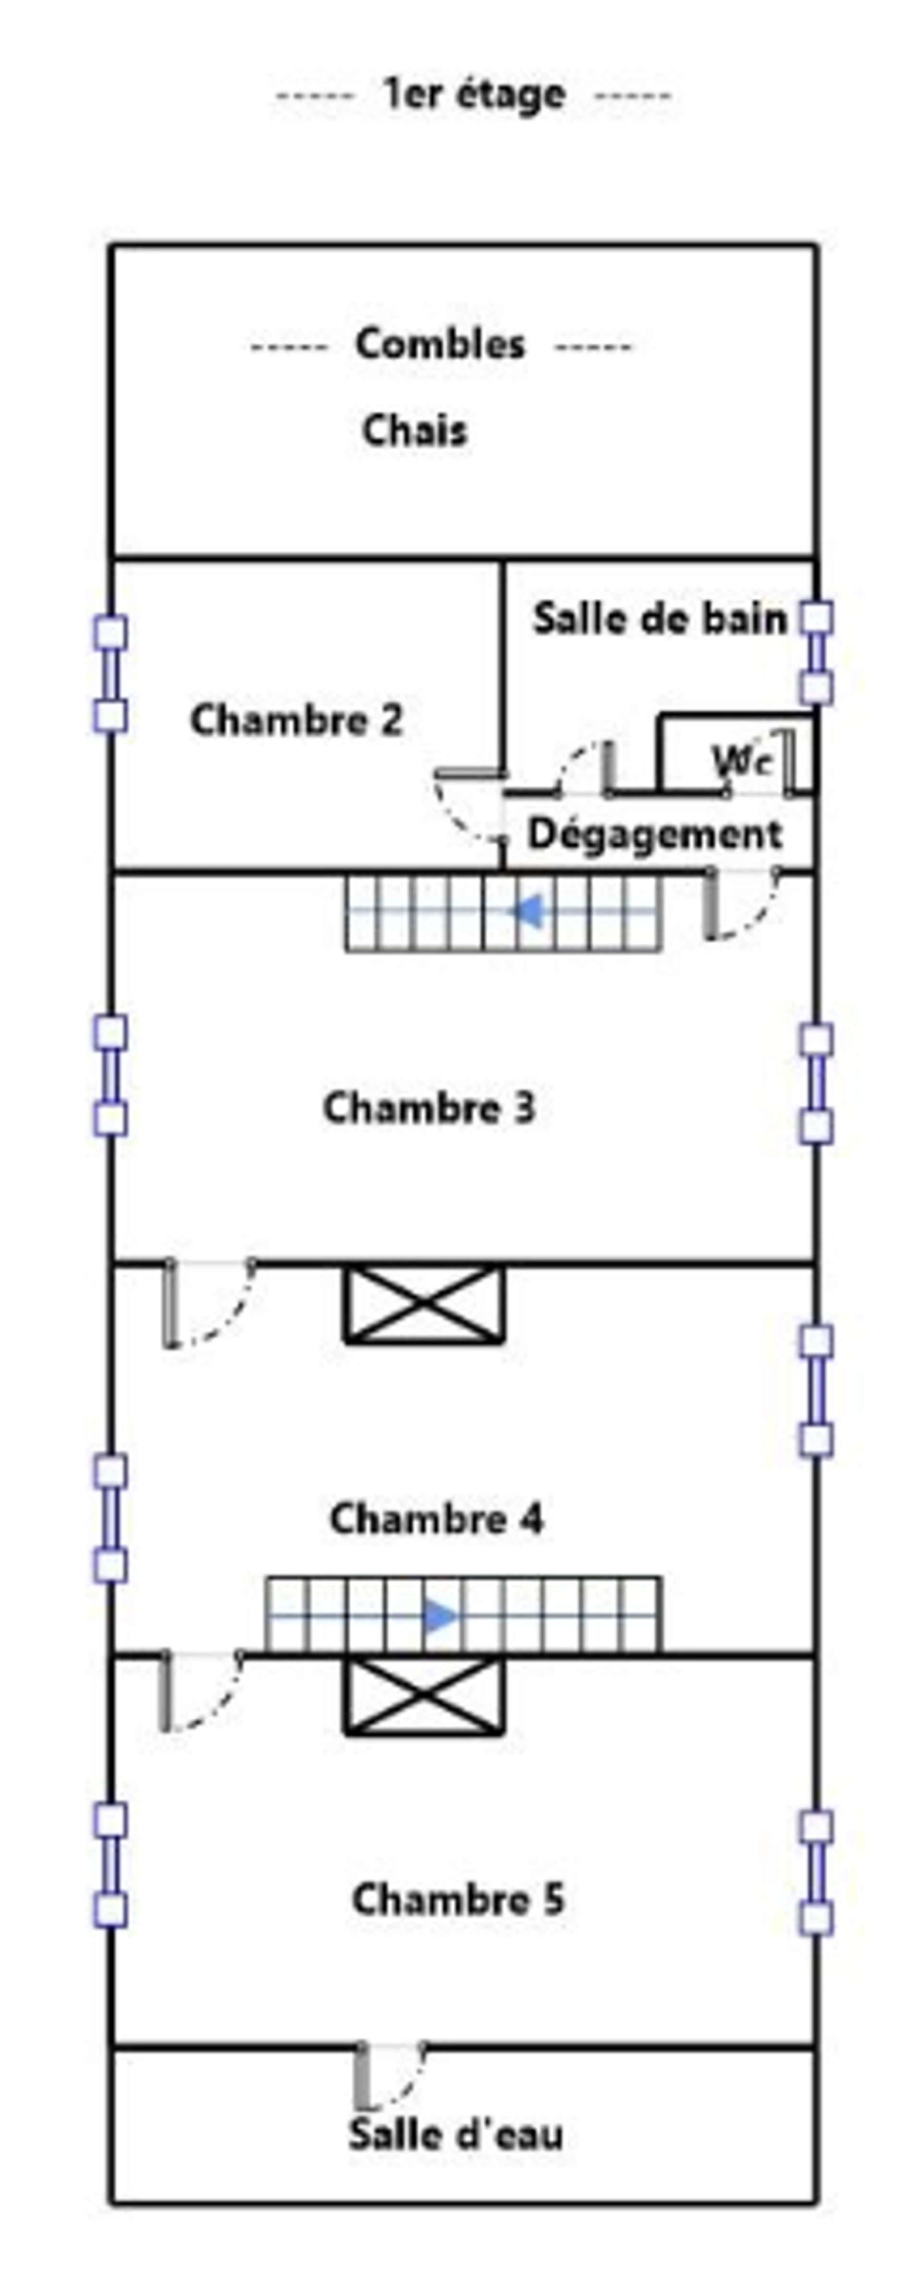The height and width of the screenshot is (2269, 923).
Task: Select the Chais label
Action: coord(415,431)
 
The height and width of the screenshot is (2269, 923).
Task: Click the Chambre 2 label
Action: coord(297,720)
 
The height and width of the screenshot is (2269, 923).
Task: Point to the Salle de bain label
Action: coord(660,619)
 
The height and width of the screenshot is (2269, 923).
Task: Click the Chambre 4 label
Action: coord(437,1519)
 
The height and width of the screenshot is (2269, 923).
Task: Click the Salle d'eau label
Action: coord(455,2135)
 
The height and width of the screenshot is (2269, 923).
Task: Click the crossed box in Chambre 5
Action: coord(424,1697)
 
